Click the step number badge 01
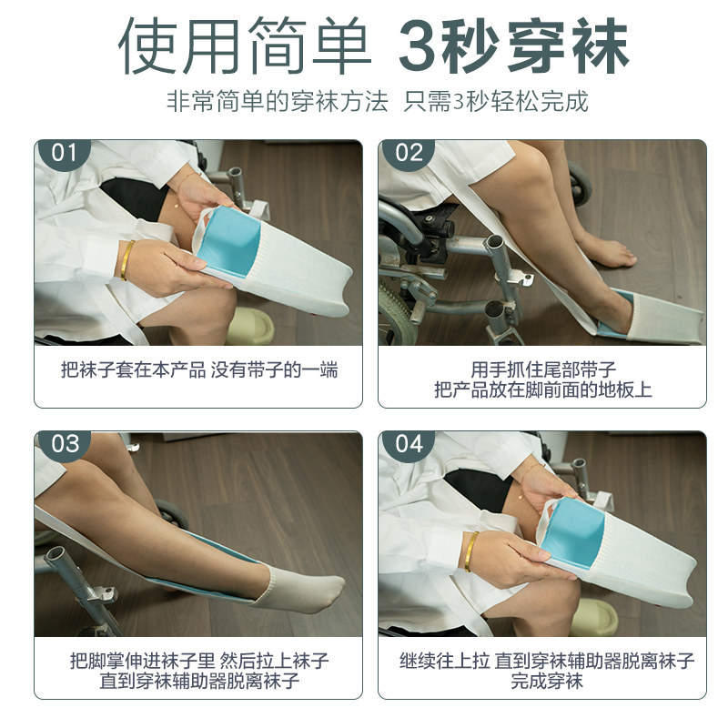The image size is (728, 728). coord(64,152)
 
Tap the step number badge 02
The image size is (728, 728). coord(409,152)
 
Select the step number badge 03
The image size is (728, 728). coord(65,444)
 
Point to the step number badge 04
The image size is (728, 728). coord(409,444)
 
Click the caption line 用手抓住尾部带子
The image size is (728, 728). coord(543,369)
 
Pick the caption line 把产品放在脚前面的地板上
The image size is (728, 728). coord(543,390)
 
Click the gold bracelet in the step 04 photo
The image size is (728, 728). coord(471,551)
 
